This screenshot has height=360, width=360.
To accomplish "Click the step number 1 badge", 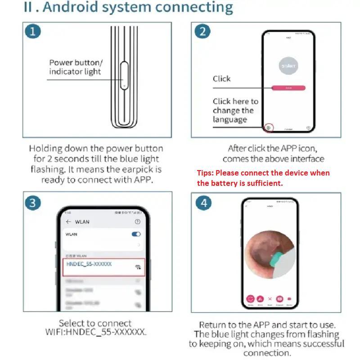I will click(32, 31).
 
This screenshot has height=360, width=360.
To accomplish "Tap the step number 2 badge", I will click(202, 31).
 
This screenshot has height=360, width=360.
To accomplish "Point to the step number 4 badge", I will click(203, 203).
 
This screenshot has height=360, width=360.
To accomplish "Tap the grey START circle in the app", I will click(288, 66).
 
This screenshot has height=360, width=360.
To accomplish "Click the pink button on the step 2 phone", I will click(288, 88).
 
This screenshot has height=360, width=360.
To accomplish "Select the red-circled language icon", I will click(269, 128).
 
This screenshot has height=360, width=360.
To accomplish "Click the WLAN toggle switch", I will click(136, 234).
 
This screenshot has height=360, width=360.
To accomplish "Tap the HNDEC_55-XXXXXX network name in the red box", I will click(89, 264).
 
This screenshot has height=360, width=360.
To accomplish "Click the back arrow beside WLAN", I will click(68, 222).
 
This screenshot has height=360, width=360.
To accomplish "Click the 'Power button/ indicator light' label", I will click(76, 67).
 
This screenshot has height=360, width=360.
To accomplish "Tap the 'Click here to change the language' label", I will click(235, 110).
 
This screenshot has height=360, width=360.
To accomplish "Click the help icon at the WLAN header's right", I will click(138, 222).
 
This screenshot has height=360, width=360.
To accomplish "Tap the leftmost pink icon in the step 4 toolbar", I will click(250, 299).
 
